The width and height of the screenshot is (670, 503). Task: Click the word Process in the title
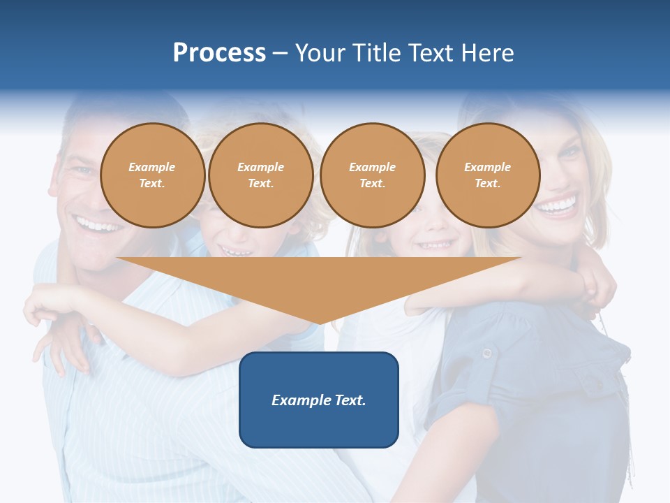point(219,52)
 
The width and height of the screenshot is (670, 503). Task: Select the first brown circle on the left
point(152,175)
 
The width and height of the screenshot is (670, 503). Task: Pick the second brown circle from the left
point(260,175)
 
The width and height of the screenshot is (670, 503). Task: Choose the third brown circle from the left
point(372,175)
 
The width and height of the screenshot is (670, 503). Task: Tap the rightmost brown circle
point(487,175)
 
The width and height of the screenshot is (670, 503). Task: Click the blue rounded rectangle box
point(319,400)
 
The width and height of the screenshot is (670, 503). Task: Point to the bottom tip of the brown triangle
point(320,323)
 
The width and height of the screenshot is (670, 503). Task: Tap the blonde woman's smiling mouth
point(557,206)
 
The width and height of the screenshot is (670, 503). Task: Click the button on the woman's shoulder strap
point(486,353)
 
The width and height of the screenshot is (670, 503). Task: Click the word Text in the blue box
point(348,400)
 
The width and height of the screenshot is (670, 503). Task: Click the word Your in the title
point(318,52)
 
